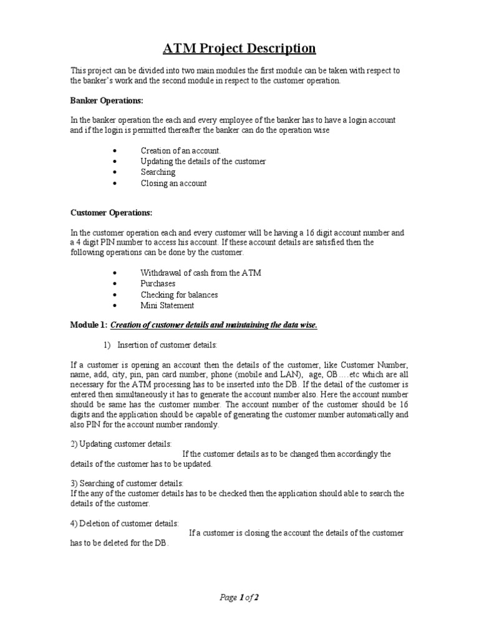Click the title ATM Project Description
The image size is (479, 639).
pos(239,48)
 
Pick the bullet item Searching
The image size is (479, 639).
pos(158,172)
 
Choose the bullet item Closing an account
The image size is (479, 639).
pos(173,183)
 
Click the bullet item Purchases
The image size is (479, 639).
pos(158,283)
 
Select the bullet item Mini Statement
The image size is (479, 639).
pos(167,306)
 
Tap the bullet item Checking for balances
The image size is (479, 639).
pos(179,295)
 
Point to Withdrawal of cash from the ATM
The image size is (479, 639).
pos(191,273)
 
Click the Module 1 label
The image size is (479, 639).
pos(89,324)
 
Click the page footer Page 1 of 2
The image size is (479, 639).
pos(239,597)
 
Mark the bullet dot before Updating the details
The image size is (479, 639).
pos(116,162)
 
